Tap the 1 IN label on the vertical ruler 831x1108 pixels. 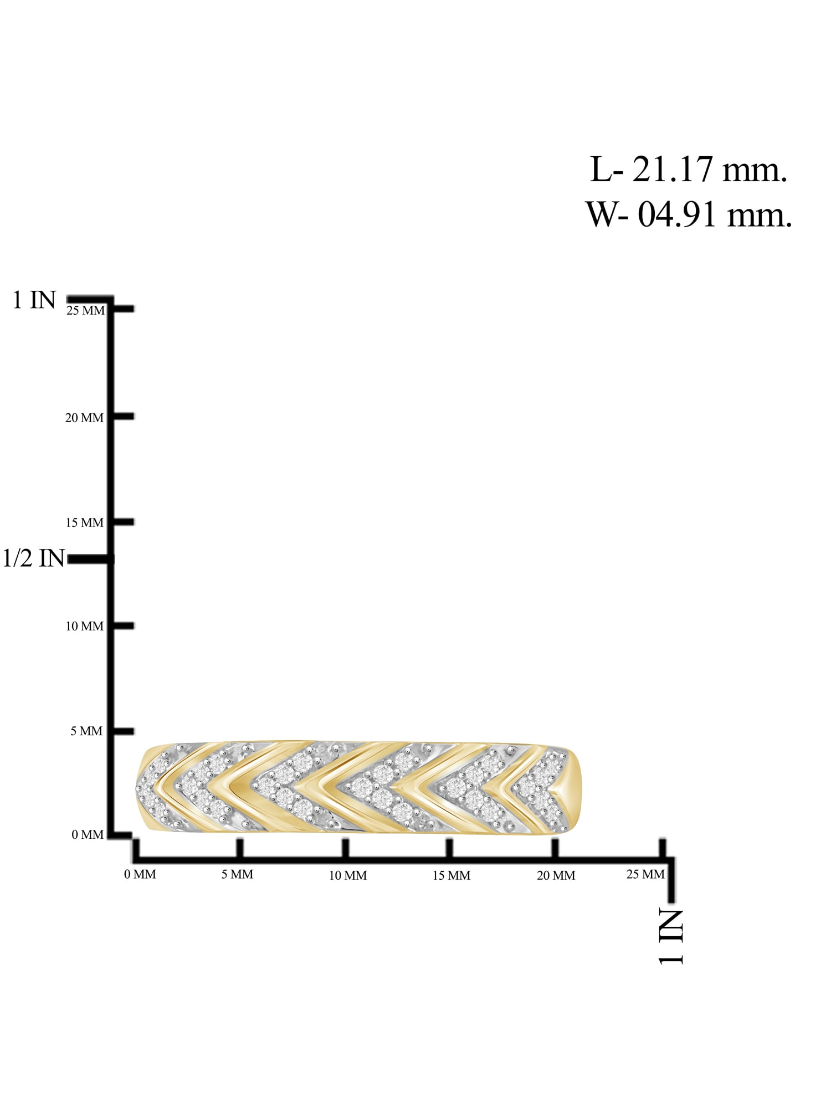(34, 300)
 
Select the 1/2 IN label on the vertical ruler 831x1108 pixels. (34, 558)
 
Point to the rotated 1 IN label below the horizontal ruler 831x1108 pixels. (671, 936)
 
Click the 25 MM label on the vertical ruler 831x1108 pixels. (85, 311)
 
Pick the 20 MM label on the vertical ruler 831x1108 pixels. (84, 418)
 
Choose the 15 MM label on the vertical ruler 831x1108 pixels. (84, 523)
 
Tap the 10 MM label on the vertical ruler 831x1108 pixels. (84, 627)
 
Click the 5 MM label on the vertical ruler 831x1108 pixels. (86, 731)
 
